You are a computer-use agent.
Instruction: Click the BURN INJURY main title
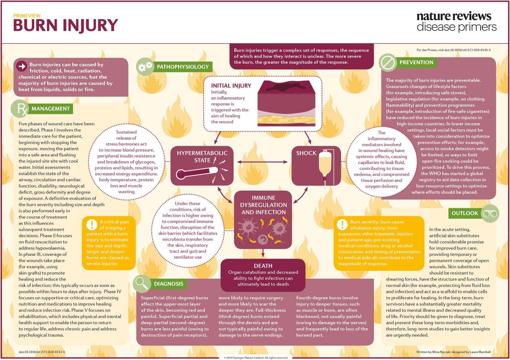[x=65, y=25]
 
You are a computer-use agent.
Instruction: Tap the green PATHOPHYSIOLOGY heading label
[x=183, y=67]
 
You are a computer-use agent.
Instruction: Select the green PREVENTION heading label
[x=416, y=62]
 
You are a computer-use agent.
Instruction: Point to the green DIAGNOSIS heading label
[x=169, y=284]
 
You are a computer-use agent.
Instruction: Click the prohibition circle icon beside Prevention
[x=388, y=62]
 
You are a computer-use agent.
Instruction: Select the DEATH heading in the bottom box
[x=263, y=265]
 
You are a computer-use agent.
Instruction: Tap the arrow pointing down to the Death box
[x=263, y=253]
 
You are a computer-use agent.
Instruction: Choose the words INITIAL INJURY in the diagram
[x=231, y=86]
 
